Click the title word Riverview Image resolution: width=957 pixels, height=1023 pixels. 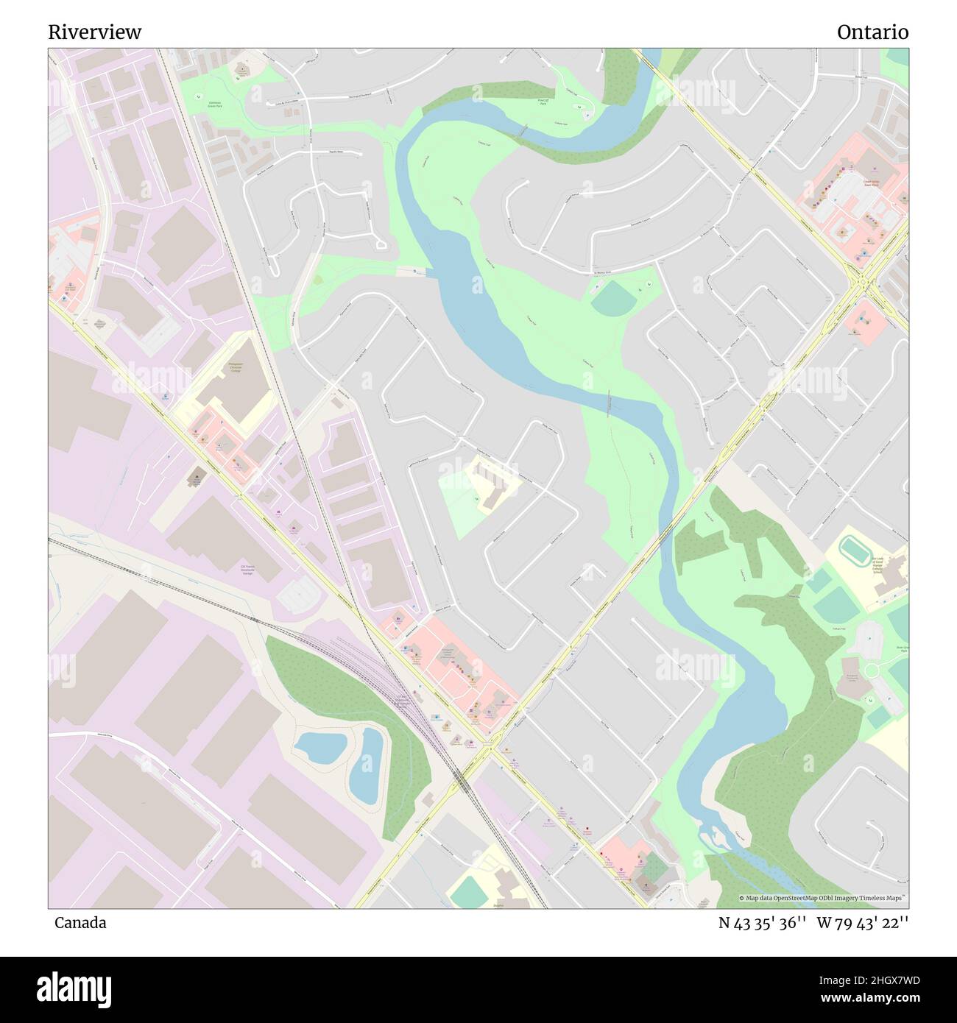[95, 32]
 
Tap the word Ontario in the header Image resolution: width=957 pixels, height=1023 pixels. [872, 32]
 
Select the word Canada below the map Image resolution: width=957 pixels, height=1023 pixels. [80, 923]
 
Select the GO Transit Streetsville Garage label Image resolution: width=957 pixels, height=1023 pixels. [247, 569]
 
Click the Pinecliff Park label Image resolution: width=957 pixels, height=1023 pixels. [543, 102]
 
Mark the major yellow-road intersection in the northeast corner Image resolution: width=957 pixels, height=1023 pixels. [861, 283]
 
